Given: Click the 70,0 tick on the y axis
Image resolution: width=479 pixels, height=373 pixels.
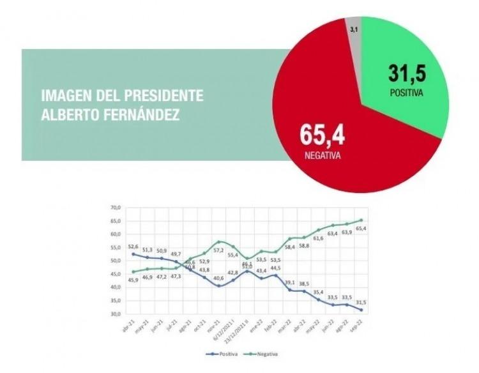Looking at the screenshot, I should pos(115,208).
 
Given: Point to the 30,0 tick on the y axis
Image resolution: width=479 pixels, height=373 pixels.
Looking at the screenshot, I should pos(115,314).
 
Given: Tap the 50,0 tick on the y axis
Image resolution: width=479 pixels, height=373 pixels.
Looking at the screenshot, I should pos(115,261).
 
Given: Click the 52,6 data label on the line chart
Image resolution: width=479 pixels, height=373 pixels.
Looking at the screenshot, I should pos(133,246).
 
